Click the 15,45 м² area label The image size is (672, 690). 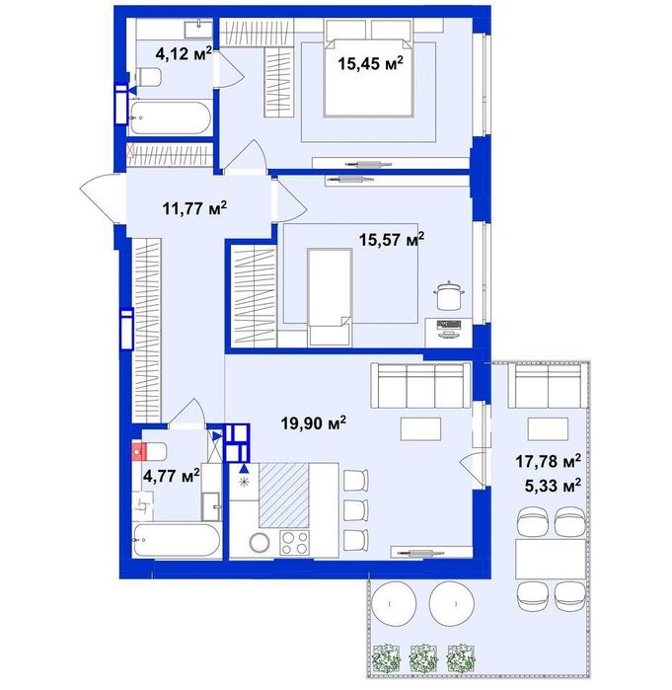pyautogui.click(x=370, y=63)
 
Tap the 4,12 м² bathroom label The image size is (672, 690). pyautogui.click(x=184, y=53)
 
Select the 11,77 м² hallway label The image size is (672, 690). pyautogui.click(x=194, y=207)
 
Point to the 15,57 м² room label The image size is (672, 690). pyautogui.click(x=392, y=239)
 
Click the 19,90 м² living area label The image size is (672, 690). pyautogui.click(x=313, y=422)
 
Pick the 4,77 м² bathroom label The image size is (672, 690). pyautogui.click(x=172, y=475)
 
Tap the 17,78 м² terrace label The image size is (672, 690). pyautogui.click(x=548, y=461)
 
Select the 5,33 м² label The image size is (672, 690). pyautogui.click(x=553, y=486)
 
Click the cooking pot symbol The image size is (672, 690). pyautogui.click(x=449, y=295)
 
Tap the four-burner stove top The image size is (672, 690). pyautogui.click(x=295, y=543)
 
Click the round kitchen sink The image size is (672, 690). pyautogui.click(x=260, y=543)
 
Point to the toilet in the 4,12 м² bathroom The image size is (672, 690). pyautogui.click(x=148, y=77)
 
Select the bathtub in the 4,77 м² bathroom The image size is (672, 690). pyautogui.click(x=177, y=540)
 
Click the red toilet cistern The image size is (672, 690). pyautogui.click(x=139, y=451)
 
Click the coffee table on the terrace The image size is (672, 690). pyautogui.click(x=548, y=429)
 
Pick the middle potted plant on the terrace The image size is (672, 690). pyautogui.click(x=423, y=657)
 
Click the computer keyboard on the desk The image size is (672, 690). pyautogui.click(x=449, y=325)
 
